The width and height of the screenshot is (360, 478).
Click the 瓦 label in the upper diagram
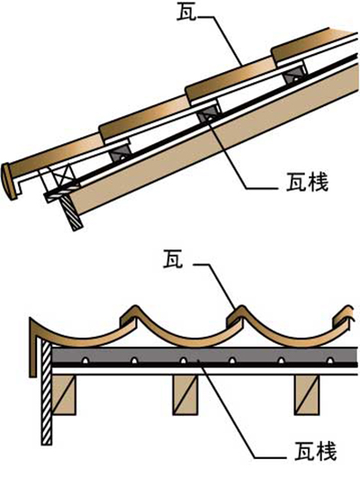186,13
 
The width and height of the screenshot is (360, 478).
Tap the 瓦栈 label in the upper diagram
307,183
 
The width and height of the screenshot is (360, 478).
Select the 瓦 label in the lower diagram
173,259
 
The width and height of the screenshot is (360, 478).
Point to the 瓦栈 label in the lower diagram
316,451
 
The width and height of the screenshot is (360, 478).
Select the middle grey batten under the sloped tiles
209,113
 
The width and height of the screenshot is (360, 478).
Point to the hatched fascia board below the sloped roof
72,212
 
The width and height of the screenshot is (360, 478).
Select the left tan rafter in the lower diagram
64,394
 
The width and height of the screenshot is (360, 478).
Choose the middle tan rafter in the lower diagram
185,394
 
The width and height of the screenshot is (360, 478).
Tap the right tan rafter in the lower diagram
306,394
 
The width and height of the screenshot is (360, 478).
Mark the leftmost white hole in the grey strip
85,360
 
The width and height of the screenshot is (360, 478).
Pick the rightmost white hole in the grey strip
329,360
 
